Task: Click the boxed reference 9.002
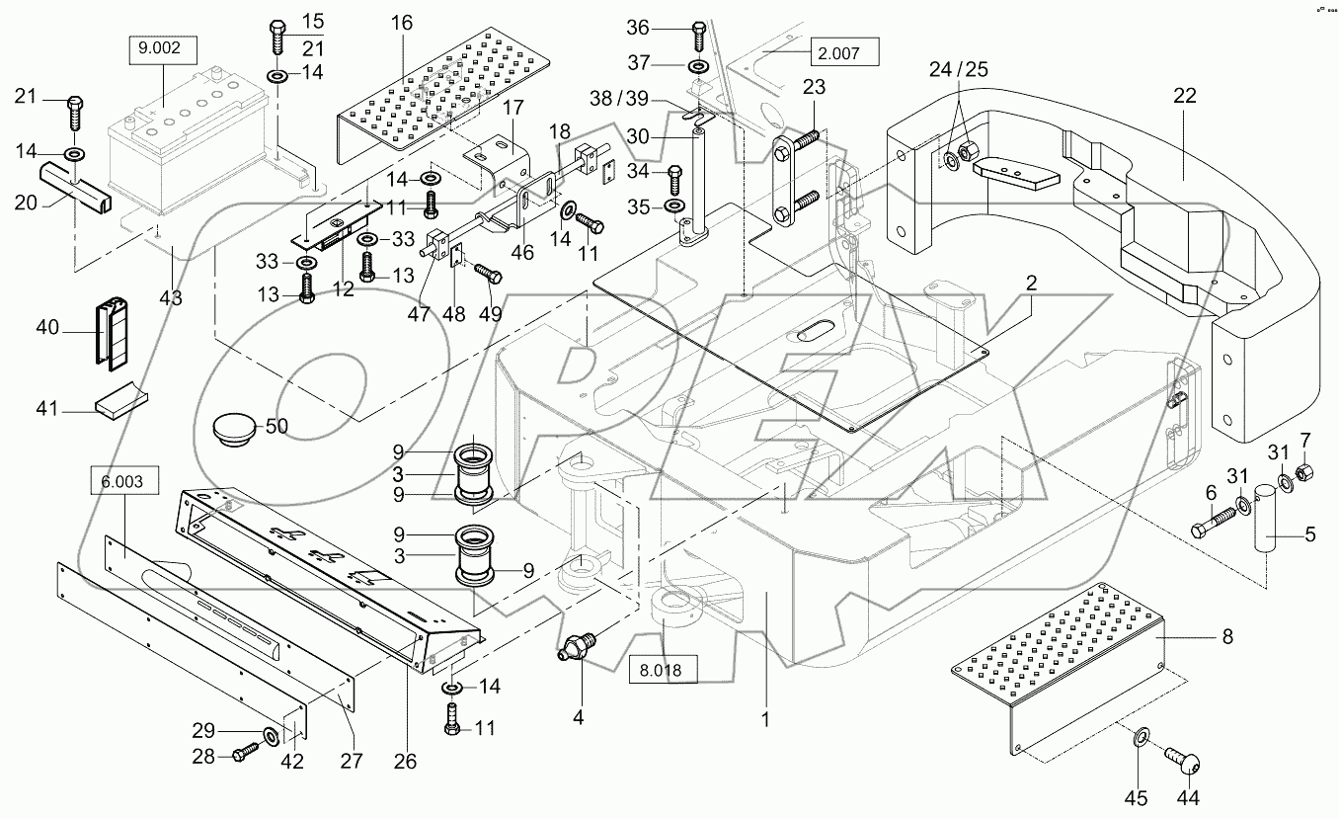[165, 49]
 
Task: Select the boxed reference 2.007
[843, 50]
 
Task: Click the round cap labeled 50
[235, 430]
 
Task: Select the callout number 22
[1185, 97]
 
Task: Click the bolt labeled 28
[242, 756]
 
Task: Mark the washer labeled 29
[269, 736]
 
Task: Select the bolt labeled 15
[277, 36]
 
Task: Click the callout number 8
[1227, 637]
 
